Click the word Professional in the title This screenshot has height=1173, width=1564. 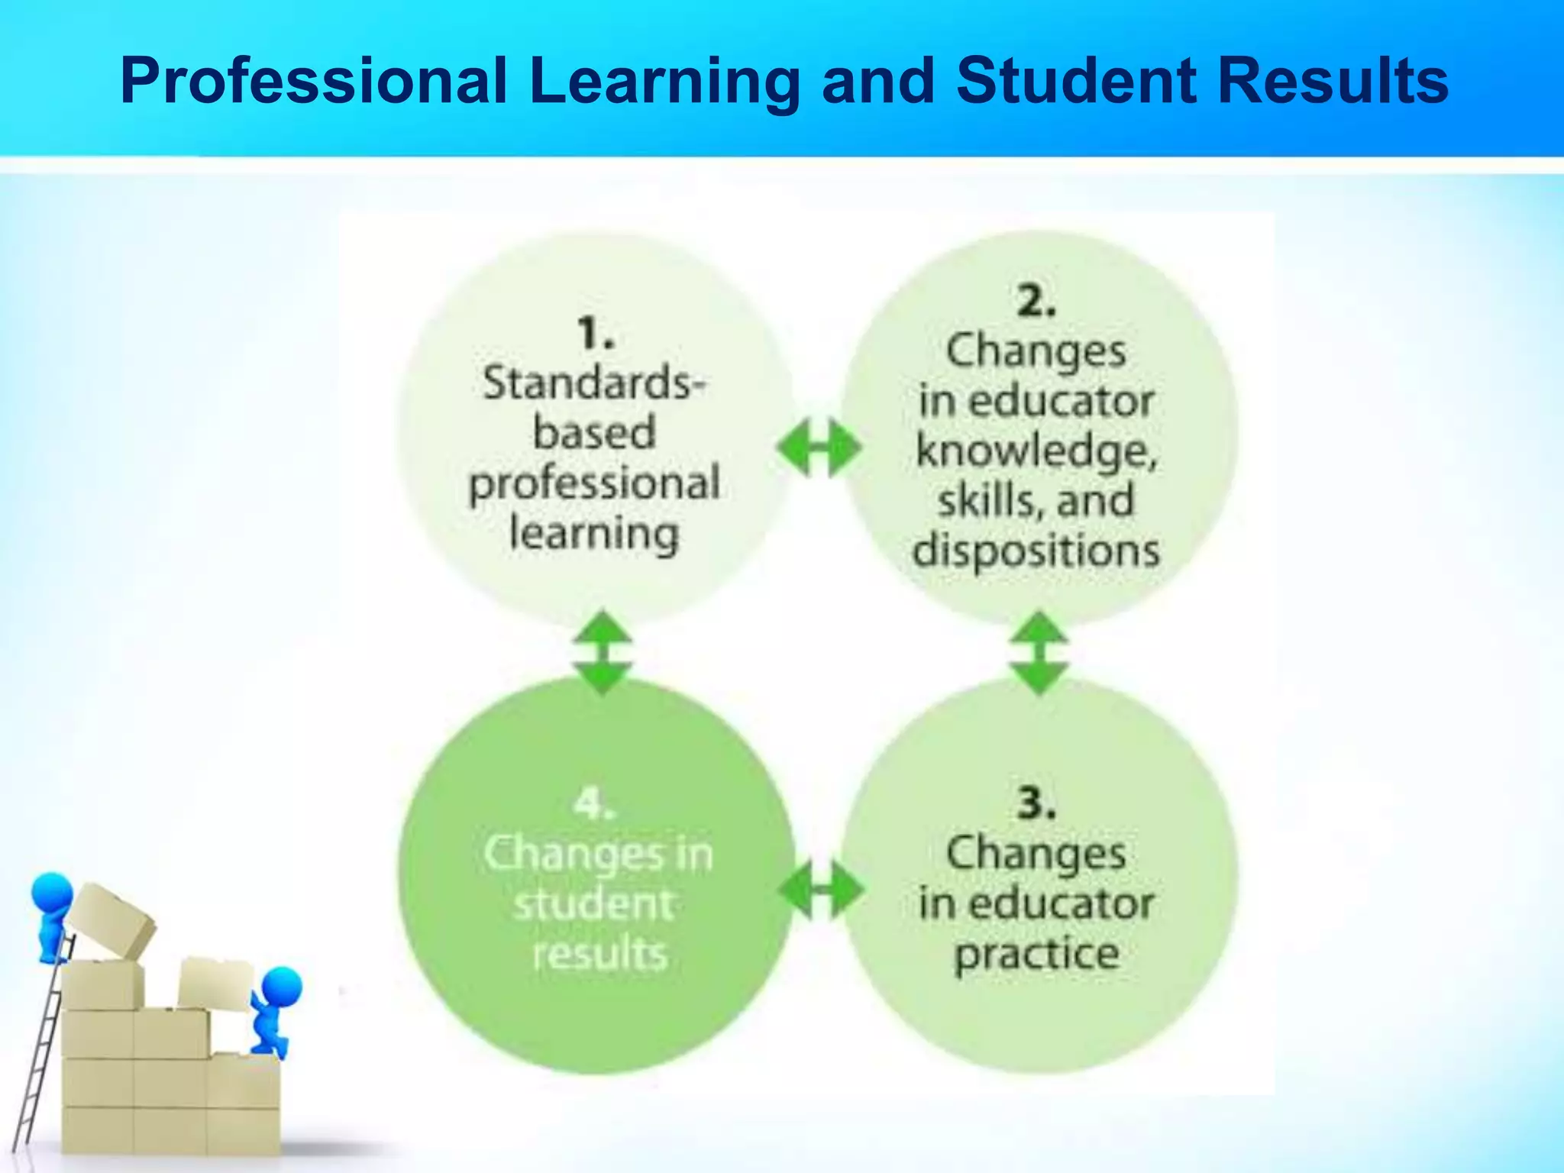(x=314, y=81)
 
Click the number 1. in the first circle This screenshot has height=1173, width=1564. (x=596, y=334)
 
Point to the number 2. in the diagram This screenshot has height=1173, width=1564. (x=1036, y=301)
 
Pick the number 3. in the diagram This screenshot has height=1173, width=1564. (x=1036, y=803)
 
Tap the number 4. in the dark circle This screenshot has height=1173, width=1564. (x=594, y=804)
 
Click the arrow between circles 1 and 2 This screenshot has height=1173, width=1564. (x=818, y=448)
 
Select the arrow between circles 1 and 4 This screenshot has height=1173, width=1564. (x=603, y=651)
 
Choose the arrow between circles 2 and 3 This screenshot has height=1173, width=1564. (x=1039, y=651)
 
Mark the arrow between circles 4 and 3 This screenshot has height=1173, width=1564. (x=820, y=890)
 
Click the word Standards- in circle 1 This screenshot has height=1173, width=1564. (x=593, y=383)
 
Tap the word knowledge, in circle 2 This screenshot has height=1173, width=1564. (x=1036, y=451)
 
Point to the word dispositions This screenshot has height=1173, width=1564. (x=1036, y=551)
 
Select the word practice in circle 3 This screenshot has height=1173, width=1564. (x=1036, y=954)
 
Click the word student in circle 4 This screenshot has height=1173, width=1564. (x=594, y=904)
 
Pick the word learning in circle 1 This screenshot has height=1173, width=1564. (x=594, y=533)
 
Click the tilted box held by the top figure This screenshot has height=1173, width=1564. (x=111, y=920)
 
